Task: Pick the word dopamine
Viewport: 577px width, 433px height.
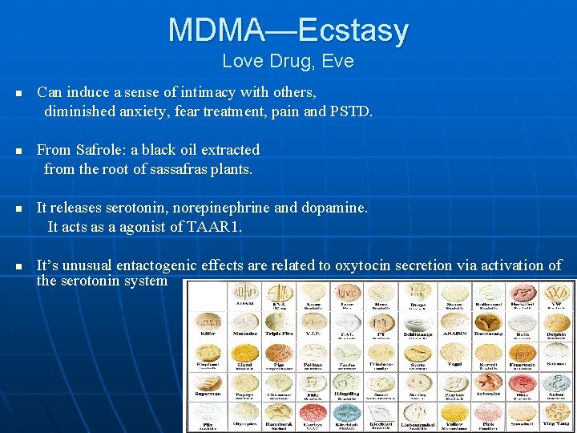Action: pos(333,207)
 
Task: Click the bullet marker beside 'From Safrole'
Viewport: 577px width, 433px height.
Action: pos(18,151)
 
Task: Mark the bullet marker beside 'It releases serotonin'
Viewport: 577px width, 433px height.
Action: pos(18,208)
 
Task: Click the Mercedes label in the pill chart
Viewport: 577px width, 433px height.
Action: pos(244,334)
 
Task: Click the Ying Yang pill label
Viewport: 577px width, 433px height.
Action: pos(555,423)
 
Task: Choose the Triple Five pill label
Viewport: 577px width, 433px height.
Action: pos(279,334)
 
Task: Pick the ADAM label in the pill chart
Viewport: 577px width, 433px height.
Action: pos(244,304)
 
